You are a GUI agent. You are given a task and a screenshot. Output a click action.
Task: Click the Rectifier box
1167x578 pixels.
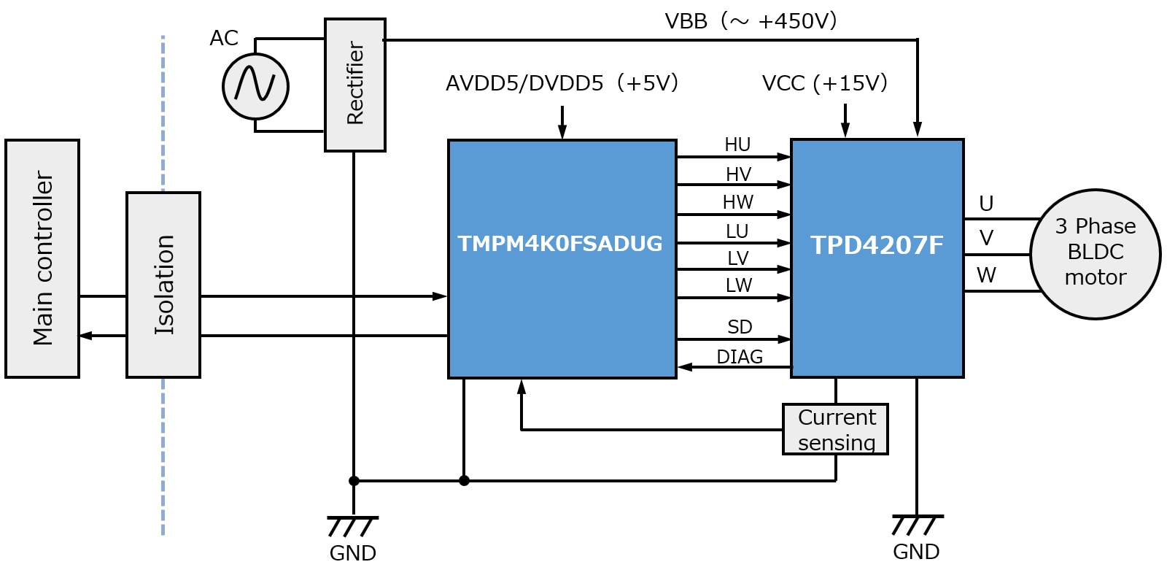354,85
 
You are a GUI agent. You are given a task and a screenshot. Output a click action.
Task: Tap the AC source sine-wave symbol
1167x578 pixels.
255,86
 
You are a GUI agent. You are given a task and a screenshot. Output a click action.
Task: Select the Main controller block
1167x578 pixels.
42,258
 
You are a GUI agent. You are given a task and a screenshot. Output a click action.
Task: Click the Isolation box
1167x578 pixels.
163,285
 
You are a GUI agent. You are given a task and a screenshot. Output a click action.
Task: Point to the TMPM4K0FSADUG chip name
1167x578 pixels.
560,244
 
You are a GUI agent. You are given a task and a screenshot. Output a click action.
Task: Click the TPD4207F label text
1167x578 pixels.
877,245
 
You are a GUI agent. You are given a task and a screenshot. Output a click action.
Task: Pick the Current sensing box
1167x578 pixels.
836,429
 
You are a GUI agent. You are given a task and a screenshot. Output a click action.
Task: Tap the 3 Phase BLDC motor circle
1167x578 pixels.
1095,253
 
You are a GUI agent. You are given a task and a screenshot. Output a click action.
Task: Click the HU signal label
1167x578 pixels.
737,144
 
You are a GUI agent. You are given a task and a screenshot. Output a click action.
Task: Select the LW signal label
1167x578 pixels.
738,285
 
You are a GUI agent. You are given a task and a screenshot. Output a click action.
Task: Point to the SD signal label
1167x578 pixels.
740,327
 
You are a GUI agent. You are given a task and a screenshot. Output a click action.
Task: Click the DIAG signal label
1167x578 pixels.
740,357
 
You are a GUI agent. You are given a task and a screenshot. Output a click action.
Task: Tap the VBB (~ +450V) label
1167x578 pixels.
751,21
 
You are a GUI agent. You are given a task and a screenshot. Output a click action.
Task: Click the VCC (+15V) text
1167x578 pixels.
824,83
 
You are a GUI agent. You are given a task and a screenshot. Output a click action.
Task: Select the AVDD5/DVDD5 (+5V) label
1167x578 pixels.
562,83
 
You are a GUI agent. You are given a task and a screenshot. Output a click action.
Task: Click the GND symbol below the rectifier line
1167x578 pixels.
353,525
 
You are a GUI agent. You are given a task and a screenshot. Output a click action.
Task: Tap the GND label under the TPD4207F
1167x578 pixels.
916,552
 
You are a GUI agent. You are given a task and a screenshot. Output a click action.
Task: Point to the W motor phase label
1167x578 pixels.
986,275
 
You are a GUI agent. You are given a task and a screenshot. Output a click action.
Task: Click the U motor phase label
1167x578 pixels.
986,204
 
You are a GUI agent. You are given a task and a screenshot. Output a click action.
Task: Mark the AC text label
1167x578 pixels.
224,38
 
